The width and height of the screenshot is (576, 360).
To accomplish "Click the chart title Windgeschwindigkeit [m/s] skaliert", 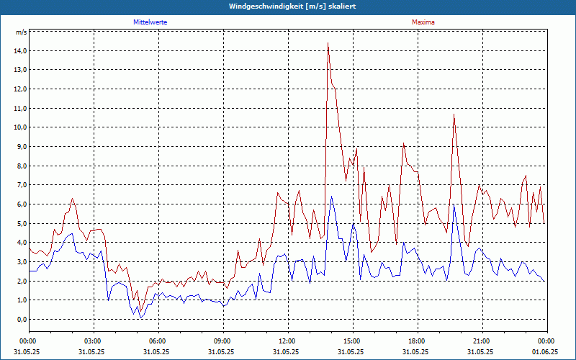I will pos(288,6).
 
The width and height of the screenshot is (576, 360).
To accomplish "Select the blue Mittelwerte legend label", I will pos(150,22).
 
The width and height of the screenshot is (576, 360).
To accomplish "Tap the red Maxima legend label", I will pos(423,22).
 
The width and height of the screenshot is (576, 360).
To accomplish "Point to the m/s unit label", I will pos(22,32).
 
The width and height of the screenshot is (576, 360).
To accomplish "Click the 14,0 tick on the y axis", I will pos(20,51).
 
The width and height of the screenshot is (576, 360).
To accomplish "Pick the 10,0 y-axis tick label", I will pos(20,127).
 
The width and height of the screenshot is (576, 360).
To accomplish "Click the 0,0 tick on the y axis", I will pos(22,319).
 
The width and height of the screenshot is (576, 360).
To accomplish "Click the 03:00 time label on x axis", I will pos(93,341).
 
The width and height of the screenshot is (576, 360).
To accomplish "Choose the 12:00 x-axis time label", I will pos(287,341).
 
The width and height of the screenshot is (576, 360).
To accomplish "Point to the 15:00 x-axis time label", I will pos(352,341).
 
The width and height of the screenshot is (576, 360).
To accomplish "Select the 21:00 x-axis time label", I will pos(482,341).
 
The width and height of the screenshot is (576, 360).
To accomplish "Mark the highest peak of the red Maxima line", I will pos(328,43).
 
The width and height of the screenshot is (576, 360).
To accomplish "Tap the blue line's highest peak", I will pos(331,196).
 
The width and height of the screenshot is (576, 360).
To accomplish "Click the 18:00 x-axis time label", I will pos(417,341).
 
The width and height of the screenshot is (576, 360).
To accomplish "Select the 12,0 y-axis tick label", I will pos(20,89).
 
